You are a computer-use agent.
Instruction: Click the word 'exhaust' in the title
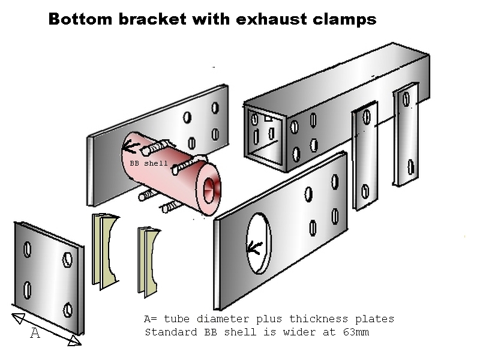(x=271, y=19)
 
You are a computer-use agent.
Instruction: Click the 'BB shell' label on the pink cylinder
(x=149, y=163)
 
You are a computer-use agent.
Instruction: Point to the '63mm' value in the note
(x=356, y=332)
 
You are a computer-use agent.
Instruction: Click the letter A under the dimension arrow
(x=35, y=333)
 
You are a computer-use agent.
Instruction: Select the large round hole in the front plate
(x=259, y=243)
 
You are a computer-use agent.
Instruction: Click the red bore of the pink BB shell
(x=209, y=190)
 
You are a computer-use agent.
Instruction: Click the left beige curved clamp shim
(x=104, y=251)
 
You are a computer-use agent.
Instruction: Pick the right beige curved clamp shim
(x=148, y=262)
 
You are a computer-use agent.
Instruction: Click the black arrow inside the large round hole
(x=254, y=247)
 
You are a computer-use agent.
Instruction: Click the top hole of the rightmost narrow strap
(x=406, y=99)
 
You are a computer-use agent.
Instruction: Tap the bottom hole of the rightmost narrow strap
(x=411, y=167)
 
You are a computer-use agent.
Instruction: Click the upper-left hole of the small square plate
(x=27, y=249)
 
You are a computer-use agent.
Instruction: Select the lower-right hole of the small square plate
(x=68, y=310)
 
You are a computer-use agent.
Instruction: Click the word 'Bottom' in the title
(x=80, y=19)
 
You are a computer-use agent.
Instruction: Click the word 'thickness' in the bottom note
(x=319, y=319)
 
